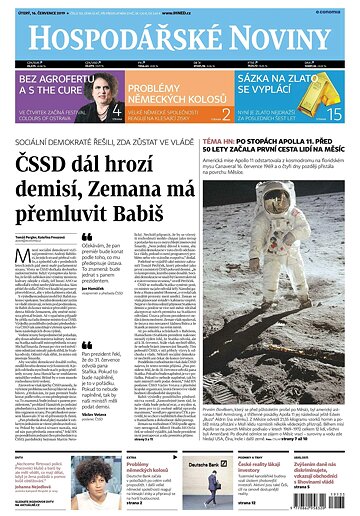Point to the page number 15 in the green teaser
pos(335,112)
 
